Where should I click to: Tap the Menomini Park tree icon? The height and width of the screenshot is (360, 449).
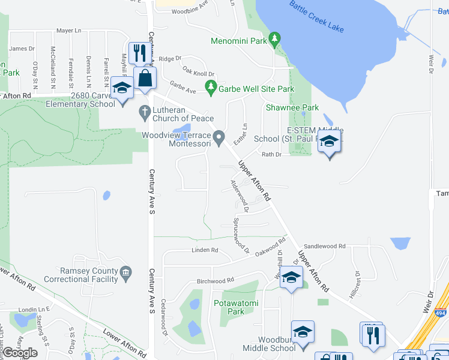point(275,40)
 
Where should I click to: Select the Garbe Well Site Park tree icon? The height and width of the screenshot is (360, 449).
point(211,89)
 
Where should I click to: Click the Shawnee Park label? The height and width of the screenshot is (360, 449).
point(292,108)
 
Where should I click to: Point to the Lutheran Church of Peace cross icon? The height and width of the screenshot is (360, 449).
point(144,111)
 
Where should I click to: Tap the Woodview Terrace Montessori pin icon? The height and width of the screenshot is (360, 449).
point(220,139)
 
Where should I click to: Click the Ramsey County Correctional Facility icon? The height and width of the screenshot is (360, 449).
point(126,274)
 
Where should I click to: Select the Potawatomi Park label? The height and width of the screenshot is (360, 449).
point(237,307)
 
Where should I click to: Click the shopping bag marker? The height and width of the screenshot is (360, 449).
point(145,78)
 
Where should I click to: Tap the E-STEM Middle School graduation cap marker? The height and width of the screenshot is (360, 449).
point(329,143)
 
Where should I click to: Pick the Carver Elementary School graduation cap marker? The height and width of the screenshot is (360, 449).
point(122,88)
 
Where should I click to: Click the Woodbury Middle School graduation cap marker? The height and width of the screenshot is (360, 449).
point(303,332)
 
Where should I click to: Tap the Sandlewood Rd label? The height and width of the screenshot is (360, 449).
point(325,246)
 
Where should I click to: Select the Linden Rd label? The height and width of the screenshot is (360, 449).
point(205,250)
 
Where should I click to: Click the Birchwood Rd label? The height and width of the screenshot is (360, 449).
point(215,281)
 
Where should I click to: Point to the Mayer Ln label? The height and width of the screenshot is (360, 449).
point(68,31)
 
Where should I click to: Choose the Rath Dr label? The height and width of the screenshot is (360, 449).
point(271,154)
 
